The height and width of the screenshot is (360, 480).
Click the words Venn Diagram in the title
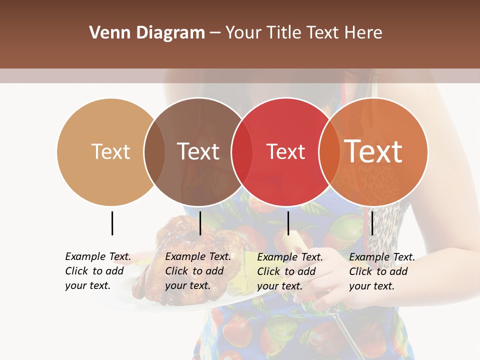click(147, 33)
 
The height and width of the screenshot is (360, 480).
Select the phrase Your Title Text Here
click(303, 33)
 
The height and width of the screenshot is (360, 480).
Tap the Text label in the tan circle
click(110, 151)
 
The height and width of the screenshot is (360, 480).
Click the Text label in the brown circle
click(198, 151)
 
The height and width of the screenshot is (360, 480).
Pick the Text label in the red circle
click(285, 151)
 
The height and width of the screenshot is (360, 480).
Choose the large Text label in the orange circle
click(373, 151)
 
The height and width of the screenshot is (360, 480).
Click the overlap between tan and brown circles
click(154, 152)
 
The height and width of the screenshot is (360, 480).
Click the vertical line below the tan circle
click(112, 223)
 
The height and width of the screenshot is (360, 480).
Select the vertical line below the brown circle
click(200, 223)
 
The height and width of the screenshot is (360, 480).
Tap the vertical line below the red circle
click(288, 223)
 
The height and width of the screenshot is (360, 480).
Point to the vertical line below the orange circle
click(372, 223)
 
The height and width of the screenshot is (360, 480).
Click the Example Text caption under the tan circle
click(98, 271)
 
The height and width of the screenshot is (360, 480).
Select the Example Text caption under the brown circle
click(198, 271)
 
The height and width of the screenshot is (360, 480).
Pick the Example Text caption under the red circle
click(290, 271)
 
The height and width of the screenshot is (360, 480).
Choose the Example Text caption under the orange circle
click(382, 271)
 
